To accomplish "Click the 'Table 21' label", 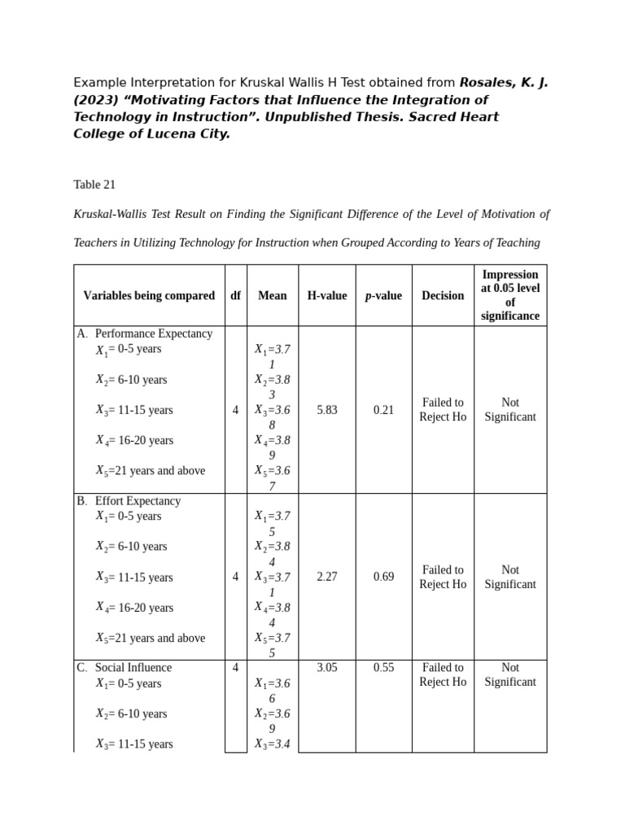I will click(94, 185).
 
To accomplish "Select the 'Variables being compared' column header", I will click(149, 295).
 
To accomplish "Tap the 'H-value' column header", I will click(326, 295).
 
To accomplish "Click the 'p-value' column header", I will click(383, 295).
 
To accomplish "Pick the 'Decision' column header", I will click(443, 295).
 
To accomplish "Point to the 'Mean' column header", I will click(273, 295).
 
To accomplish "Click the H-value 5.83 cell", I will click(326, 410).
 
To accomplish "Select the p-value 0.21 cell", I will click(383, 410).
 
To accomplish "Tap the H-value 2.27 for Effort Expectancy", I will click(326, 577).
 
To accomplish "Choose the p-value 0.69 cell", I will click(383, 577).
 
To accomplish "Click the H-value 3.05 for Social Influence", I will click(326, 668).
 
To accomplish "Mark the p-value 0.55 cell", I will click(383, 668).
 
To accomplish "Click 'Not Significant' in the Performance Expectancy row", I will click(510, 410).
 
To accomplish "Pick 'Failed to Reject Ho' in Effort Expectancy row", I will click(443, 577).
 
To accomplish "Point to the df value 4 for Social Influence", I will click(235, 668).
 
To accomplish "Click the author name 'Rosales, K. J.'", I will click(504, 83).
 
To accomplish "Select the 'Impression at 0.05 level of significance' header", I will click(510, 295).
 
